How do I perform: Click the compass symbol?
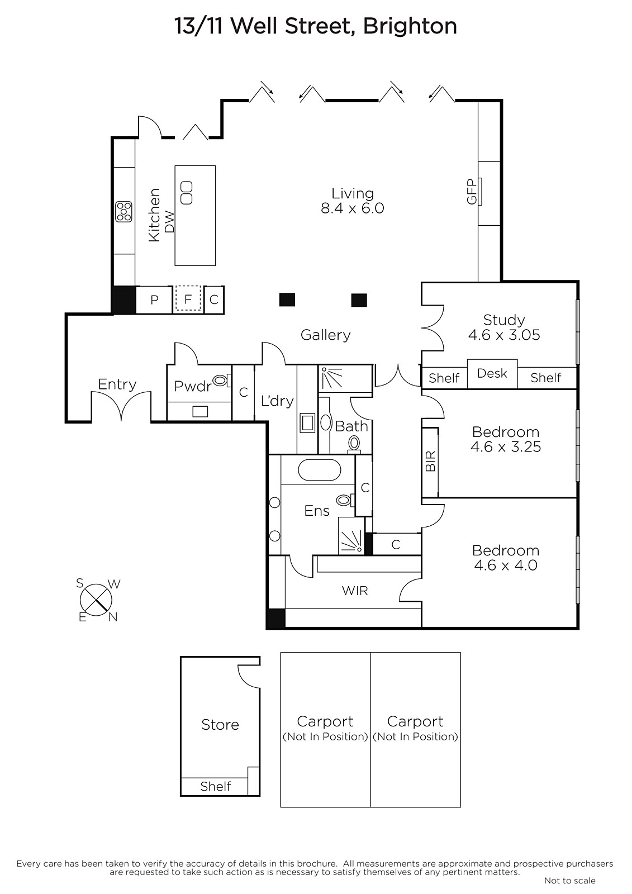[96, 600]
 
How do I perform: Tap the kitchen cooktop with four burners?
[123, 212]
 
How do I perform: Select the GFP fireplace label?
[472, 192]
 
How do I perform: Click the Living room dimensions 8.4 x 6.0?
[353, 208]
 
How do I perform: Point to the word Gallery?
[325, 335]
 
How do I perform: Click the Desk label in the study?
[492, 373]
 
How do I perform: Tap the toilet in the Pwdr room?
[222, 381]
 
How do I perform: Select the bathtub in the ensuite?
[320, 470]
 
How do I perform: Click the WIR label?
[354, 591]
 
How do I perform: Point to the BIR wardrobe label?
[430, 462]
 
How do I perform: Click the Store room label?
[220, 724]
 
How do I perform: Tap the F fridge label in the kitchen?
[188, 299]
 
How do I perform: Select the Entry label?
[117, 384]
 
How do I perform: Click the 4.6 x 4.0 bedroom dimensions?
[506, 565]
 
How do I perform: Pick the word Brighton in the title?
[410, 26]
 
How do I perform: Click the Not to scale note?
[570, 881]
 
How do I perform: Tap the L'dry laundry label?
[277, 401]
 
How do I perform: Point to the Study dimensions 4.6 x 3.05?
[504, 335]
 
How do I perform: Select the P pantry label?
[154, 299]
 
